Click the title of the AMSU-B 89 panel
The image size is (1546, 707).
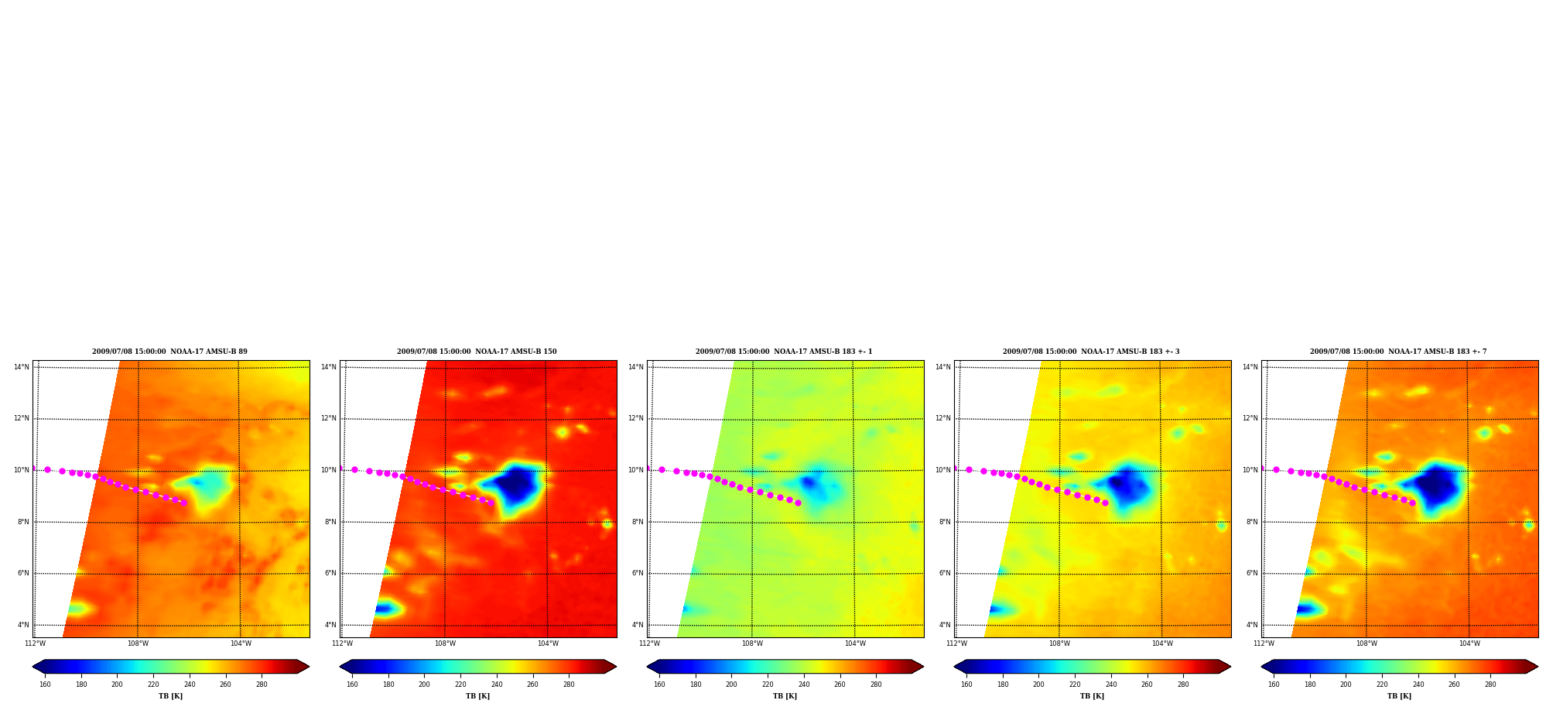[x=169, y=352]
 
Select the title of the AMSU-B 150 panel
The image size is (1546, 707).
[x=477, y=352]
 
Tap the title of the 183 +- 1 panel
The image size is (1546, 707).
[x=784, y=352]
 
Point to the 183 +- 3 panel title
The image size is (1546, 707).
[x=1091, y=352]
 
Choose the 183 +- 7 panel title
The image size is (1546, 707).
[x=1398, y=352]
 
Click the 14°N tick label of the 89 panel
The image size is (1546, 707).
[x=22, y=367]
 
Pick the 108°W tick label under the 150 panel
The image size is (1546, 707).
[x=445, y=644]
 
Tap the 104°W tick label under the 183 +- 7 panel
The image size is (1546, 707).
[x=1469, y=644]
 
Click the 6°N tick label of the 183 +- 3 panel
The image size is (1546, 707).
[x=945, y=573]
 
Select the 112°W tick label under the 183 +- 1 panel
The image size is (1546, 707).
[x=649, y=644]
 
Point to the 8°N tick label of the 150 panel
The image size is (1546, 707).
[x=330, y=522]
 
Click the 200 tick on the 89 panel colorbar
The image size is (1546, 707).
[x=117, y=685]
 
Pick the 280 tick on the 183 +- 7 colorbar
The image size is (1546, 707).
[x=1490, y=685]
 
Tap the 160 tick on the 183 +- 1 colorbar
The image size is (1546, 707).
[x=659, y=685]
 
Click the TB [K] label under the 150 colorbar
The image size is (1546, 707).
[x=477, y=696]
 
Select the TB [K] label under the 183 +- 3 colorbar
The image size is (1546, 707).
[x=1092, y=696]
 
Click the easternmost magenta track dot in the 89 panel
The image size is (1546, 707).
[x=183, y=503]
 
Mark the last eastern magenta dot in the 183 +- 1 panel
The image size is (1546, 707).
[x=798, y=503]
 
